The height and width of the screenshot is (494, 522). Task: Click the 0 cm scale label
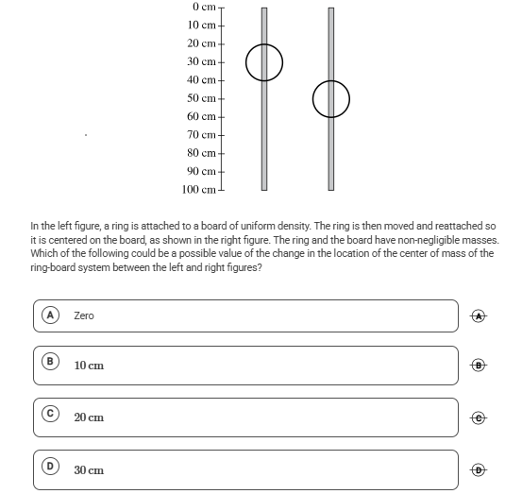pyautogui.click(x=204, y=7)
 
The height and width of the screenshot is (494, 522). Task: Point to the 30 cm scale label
pyautogui.click(x=201, y=61)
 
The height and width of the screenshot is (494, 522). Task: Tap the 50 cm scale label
pyautogui.click(x=201, y=98)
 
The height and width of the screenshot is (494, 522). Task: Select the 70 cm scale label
pyautogui.click(x=201, y=134)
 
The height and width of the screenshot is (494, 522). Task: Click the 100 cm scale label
pyautogui.click(x=199, y=190)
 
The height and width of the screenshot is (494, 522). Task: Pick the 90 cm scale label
pyautogui.click(x=201, y=171)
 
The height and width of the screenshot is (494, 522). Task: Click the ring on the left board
pyautogui.click(x=246, y=62)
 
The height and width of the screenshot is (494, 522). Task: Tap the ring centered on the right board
pyautogui.click(x=313, y=99)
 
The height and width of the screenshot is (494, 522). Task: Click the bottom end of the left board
pyautogui.click(x=264, y=190)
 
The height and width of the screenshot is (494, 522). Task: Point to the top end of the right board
pyautogui.click(x=331, y=8)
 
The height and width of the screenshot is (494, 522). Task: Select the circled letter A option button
pyautogui.click(x=50, y=315)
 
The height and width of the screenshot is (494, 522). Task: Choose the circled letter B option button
pyautogui.click(x=50, y=362)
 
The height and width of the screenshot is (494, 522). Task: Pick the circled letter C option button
pyautogui.click(x=50, y=414)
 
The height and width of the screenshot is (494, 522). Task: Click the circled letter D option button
pyautogui.click(x=50, y=466)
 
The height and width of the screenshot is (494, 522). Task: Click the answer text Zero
pyautogui.click(x=84, y=315)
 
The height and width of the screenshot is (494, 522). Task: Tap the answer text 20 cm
pyautogui.click(x=89, y=417)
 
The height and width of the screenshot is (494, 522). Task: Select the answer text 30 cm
pyautogui.click(x=89, y=470)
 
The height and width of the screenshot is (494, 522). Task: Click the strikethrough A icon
pyautogui.click(x=479, y=315)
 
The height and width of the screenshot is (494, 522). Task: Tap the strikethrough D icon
pyautogui.click(x=479, y=470)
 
